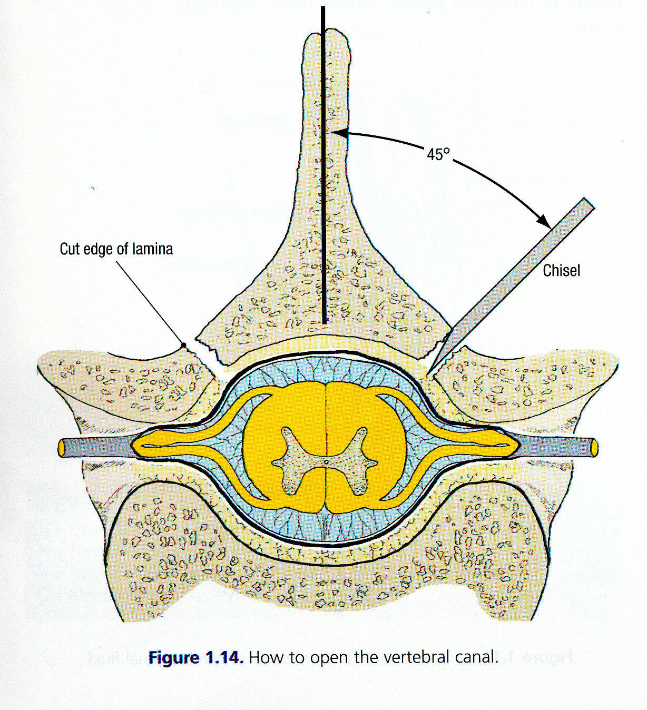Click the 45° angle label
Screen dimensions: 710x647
438,154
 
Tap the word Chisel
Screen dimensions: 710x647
561,271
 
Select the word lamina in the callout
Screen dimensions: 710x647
152,249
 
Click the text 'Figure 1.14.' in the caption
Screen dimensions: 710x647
195,658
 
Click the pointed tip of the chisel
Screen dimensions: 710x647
429,371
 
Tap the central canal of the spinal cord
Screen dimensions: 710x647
326,462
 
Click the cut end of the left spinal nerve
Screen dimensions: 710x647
62,448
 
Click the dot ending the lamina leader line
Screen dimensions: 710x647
184,345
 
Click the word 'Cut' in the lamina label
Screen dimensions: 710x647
70,249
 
